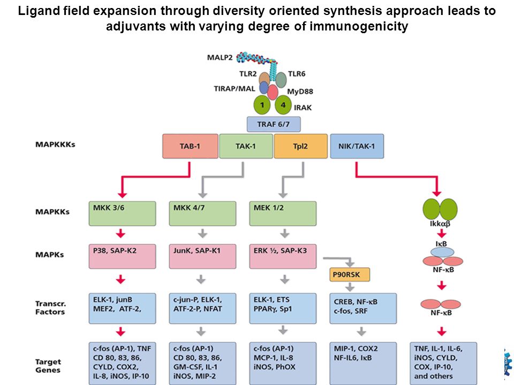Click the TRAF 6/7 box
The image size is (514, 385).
pyautogui.click(x=274, y=125)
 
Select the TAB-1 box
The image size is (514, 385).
pyautogui.click(x=190, y=146)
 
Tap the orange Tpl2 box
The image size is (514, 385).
pyautogui.click(x=300, y=146)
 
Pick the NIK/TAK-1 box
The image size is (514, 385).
pyautogui.click(x=357, y=146)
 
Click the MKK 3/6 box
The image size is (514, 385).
pyautogui.click(x=122, y=213)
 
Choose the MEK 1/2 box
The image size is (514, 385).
pyautogui.click(x=283, y=213)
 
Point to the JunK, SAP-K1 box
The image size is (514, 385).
pyautogui.click(x=202, y=256)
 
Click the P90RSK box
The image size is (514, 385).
pyautogui.click(x=350, y=275)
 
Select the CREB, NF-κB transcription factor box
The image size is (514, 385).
pyautogui.click(x=363, y=309)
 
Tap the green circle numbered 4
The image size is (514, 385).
pyautogui.click(x=283, y=105)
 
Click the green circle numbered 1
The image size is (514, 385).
pyautogui.click(x=262, y=105)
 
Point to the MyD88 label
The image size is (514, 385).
pyautogui.click(x=300, y=91)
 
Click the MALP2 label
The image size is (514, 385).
pyautogui.click(x=220, y=58)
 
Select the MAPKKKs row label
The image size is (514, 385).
pyautogui.click(x=55, y=144)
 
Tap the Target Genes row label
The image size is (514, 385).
pyautogui.click(x=48, y=366)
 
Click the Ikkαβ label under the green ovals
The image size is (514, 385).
pyautogui.click(x=440, y=224)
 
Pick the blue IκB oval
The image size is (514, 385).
pyautogui.click(x=442, y=252)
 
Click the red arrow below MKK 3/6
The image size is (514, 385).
pyautogui.click(x=121, y=234)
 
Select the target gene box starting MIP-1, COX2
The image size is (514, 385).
pyautogui.click(x=363, y=364)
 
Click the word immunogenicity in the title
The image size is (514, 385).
pyautogui.click(x=359, y=26)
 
